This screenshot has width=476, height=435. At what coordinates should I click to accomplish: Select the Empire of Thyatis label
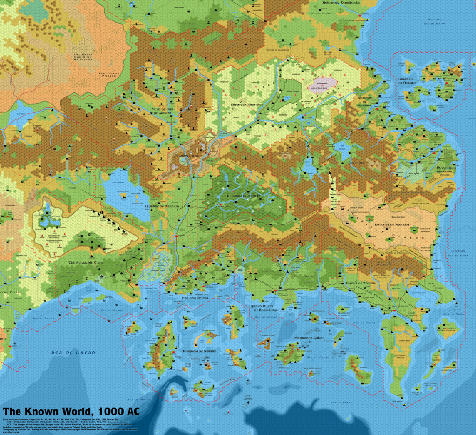tap(361, 283)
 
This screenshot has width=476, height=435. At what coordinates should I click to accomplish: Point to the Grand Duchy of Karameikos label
tap(264, 308)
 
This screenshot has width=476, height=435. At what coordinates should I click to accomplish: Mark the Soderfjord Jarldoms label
tap(446, 170)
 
